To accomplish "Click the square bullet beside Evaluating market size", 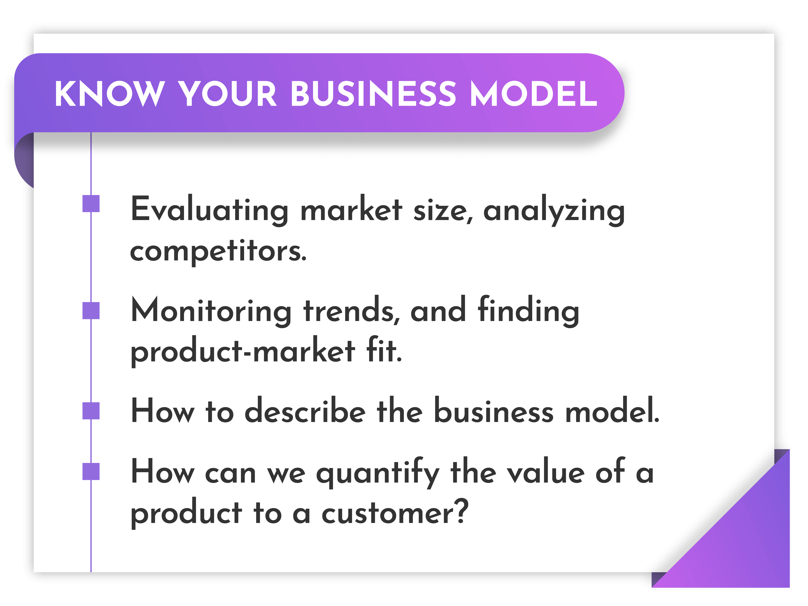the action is [91, 203].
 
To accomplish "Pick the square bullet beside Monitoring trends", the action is [91, 311].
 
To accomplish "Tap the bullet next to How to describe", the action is [91, 411].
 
